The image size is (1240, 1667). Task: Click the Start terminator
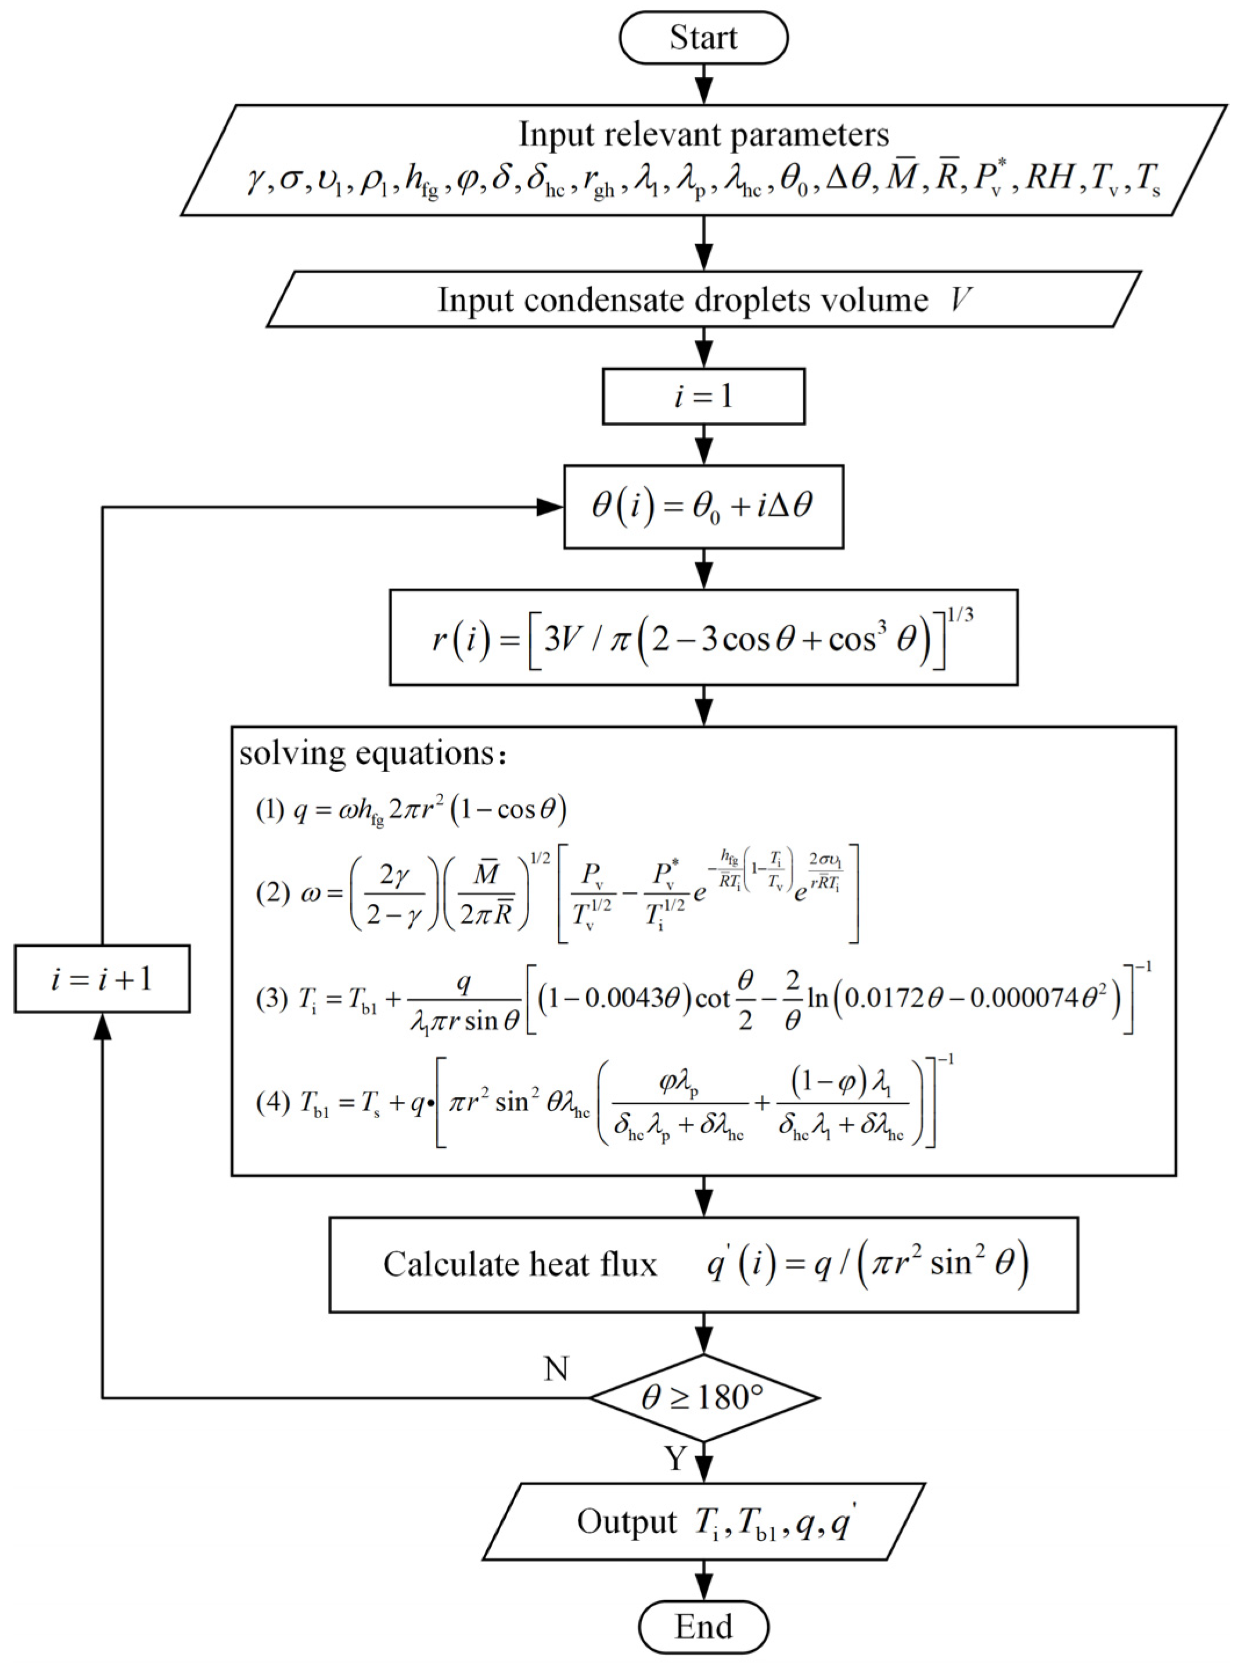703,37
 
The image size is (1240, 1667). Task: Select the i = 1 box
703,396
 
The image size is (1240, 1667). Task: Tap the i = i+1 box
102,979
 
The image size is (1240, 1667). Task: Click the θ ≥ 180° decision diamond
703,1397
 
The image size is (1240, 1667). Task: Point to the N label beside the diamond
556,1369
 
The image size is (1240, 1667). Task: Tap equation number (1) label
270,810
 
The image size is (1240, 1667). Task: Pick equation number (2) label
270,893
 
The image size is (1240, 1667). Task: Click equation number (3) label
270,999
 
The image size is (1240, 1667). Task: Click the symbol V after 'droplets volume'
960,300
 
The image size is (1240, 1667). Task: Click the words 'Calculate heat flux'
520,1264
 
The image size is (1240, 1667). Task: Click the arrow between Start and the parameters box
703,83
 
